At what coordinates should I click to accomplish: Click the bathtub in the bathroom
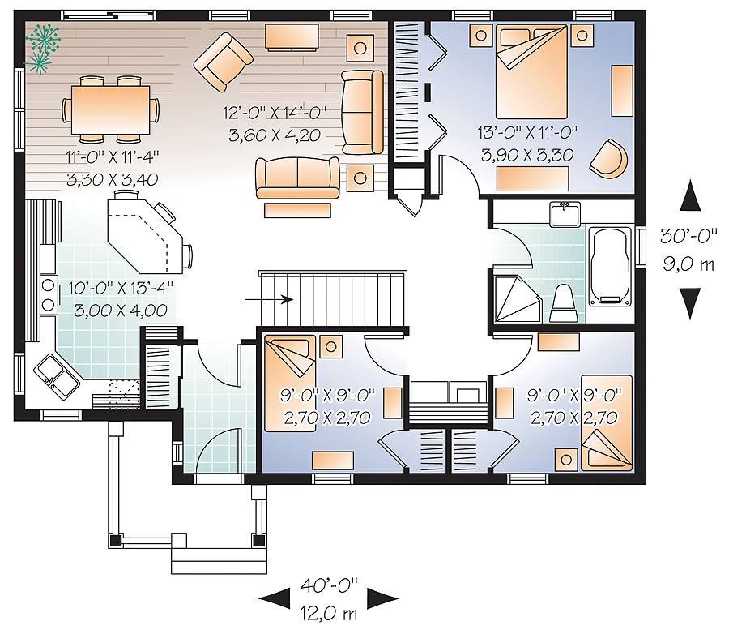(x=611, y=267)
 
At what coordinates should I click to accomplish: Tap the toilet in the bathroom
(x=564, y=303)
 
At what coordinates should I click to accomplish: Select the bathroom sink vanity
(x=565, y=214)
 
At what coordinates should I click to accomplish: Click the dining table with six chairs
(x=111, y=109)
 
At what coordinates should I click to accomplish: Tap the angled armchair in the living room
(x=224, y=62)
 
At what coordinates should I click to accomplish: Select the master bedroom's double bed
(x=532, y=71)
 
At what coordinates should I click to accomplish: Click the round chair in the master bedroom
(x=609, y=159)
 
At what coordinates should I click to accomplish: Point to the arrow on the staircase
(x=269, y=299)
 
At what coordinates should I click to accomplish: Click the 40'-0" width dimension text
(x=329, y=585)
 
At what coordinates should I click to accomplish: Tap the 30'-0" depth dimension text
(x=688, y=236)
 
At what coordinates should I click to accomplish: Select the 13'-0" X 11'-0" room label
(x=527, y=133)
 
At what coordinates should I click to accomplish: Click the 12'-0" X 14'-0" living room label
(x=275, y=113)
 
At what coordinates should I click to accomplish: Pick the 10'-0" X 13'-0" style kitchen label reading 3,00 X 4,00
(x=121, y=310)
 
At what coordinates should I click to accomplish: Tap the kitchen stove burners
(x=48, y=294)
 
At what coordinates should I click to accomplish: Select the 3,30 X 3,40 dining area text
(x=112, y=179)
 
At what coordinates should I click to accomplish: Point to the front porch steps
(x=219, y=559)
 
